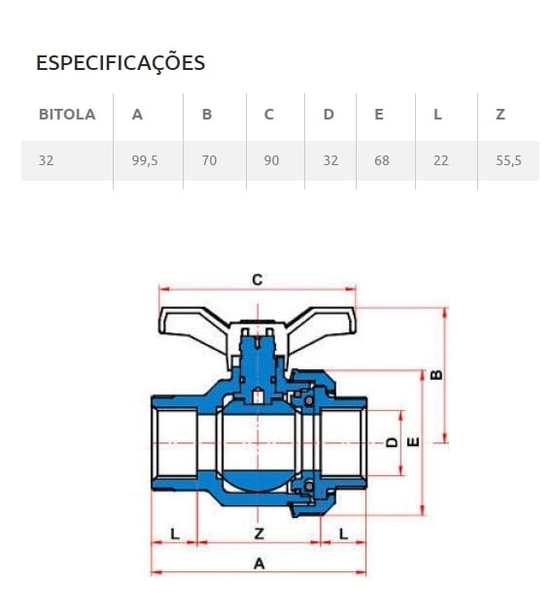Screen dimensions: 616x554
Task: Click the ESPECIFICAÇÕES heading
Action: click(121, 63)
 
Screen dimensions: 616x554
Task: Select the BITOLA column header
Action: click(67, 115)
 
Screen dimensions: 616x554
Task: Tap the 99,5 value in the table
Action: click(144, 160)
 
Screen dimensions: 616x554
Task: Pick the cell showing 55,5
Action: click(508, 160)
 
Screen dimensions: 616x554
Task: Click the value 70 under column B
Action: click(209, 160)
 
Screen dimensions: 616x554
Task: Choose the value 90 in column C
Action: click(271, 160)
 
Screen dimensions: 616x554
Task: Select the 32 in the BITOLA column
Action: click(47, 160)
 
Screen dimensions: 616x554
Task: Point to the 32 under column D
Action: click(330, 160)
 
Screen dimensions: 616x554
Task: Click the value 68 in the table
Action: click(382, 160)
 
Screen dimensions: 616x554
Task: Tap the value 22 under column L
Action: click(441, 160)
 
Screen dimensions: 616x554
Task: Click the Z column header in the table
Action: click(501, 115)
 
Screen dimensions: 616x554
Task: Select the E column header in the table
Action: click(379, 115)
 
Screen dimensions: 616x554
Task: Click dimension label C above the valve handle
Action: click(258, 280)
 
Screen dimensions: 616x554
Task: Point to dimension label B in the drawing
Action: click(436, 372)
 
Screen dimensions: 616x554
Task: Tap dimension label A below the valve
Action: click(259, 563)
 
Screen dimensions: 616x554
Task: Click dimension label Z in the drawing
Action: click(259, 532)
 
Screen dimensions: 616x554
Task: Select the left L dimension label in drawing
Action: click(175, 532)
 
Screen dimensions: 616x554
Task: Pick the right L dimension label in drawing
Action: click(344, 532)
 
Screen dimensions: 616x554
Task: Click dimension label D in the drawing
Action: click(391, 442)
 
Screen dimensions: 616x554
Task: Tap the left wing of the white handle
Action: click(192, 322)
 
